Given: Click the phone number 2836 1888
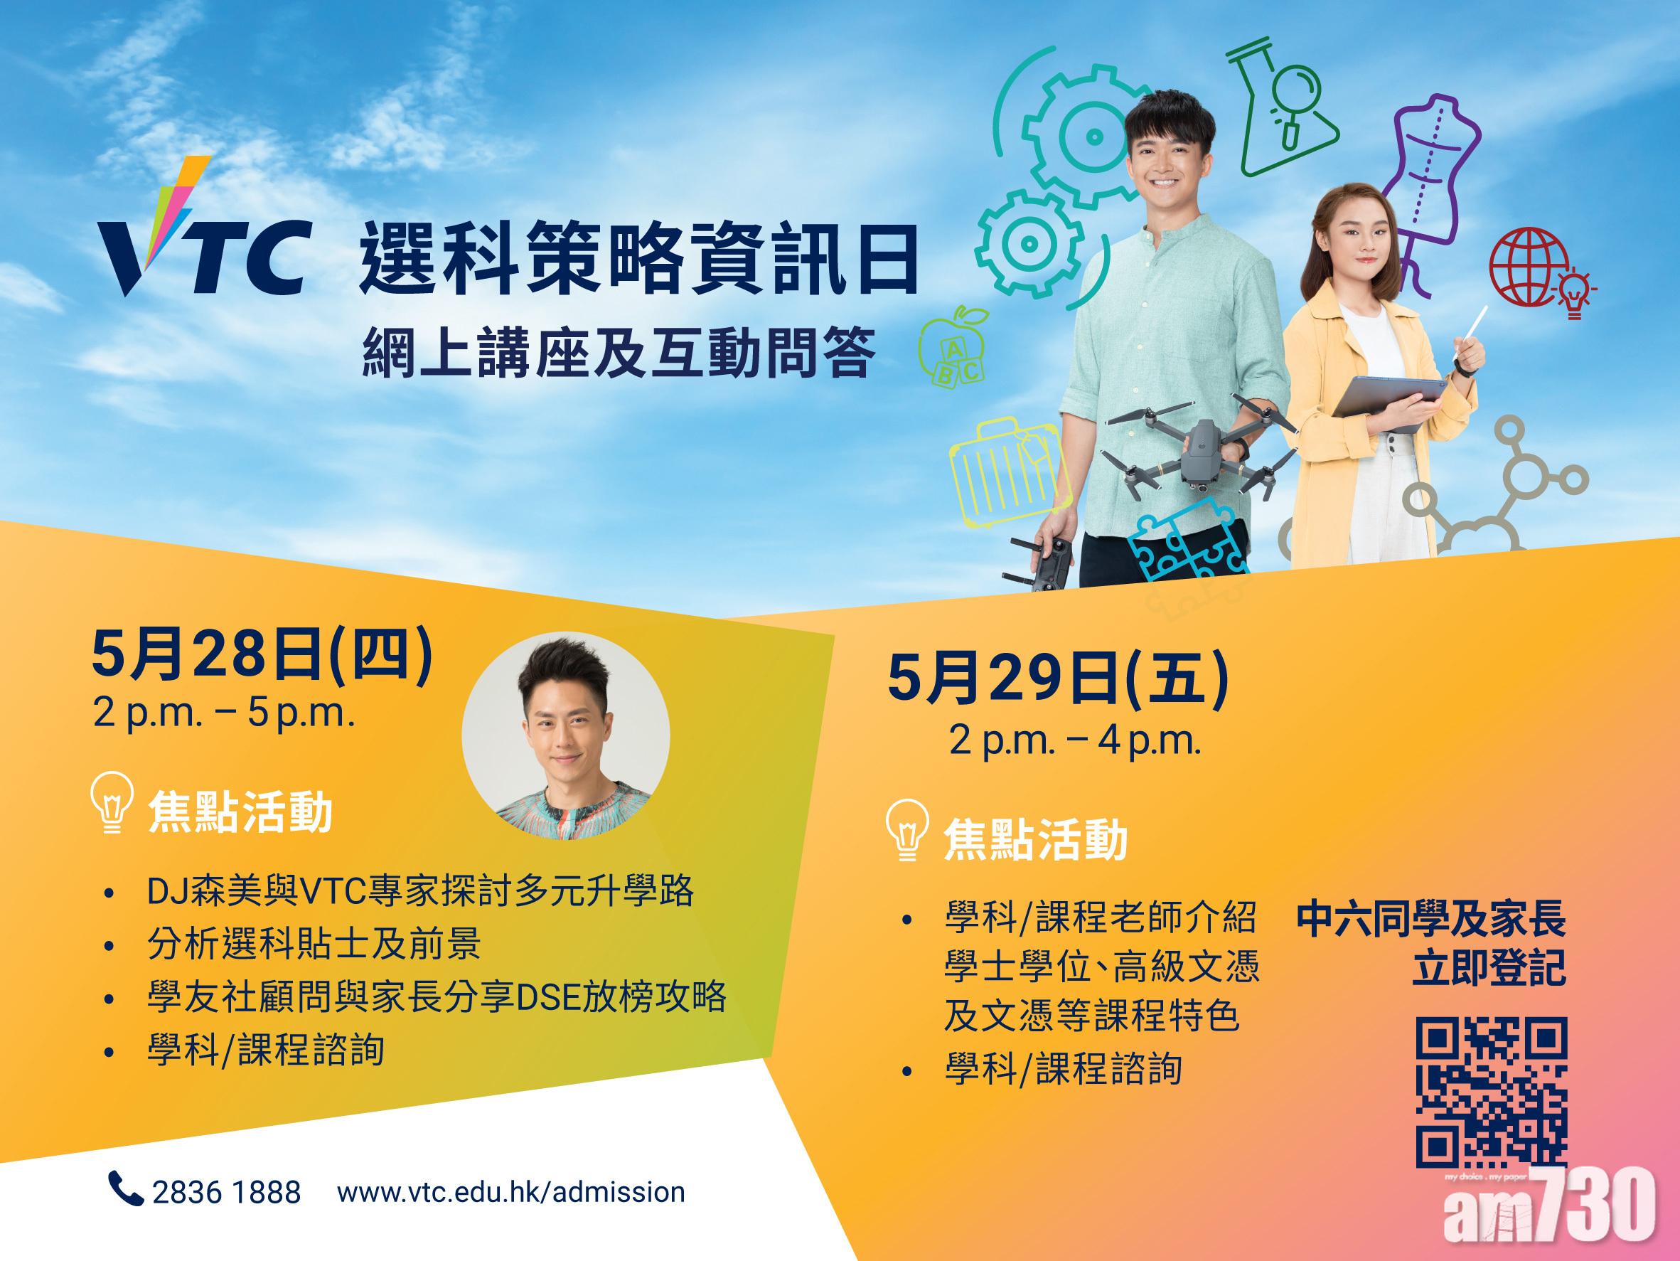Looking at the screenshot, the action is coord(226,1192).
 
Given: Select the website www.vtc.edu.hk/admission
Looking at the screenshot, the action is coord(510,1192).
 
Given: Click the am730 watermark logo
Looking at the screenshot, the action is coord(1549,1214).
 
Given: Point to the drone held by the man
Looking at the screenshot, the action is coord(1199,447).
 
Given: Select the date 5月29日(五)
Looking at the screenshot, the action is coord(1058,679).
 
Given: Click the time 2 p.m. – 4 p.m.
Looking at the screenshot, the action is coord(1076,741).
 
